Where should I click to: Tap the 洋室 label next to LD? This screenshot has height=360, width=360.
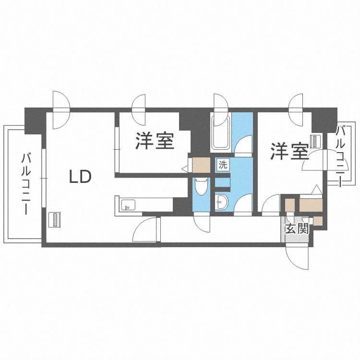click(x=154, y=141)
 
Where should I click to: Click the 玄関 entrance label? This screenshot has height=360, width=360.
click(x=296, y=228)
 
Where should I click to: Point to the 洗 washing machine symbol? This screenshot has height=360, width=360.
click(x=223, y=164)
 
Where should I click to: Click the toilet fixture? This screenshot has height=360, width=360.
click(x=200, y=187)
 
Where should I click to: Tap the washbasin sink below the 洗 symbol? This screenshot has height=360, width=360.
click(x=222, y=202)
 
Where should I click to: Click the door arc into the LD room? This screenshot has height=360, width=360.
click(x=146, y=231)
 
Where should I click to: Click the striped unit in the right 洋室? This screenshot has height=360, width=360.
click(x=314, y=141)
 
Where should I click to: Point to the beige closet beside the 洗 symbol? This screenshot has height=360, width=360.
click(x=201, y=165)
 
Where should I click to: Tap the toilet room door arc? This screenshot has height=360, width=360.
click(x=201, y=223)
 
